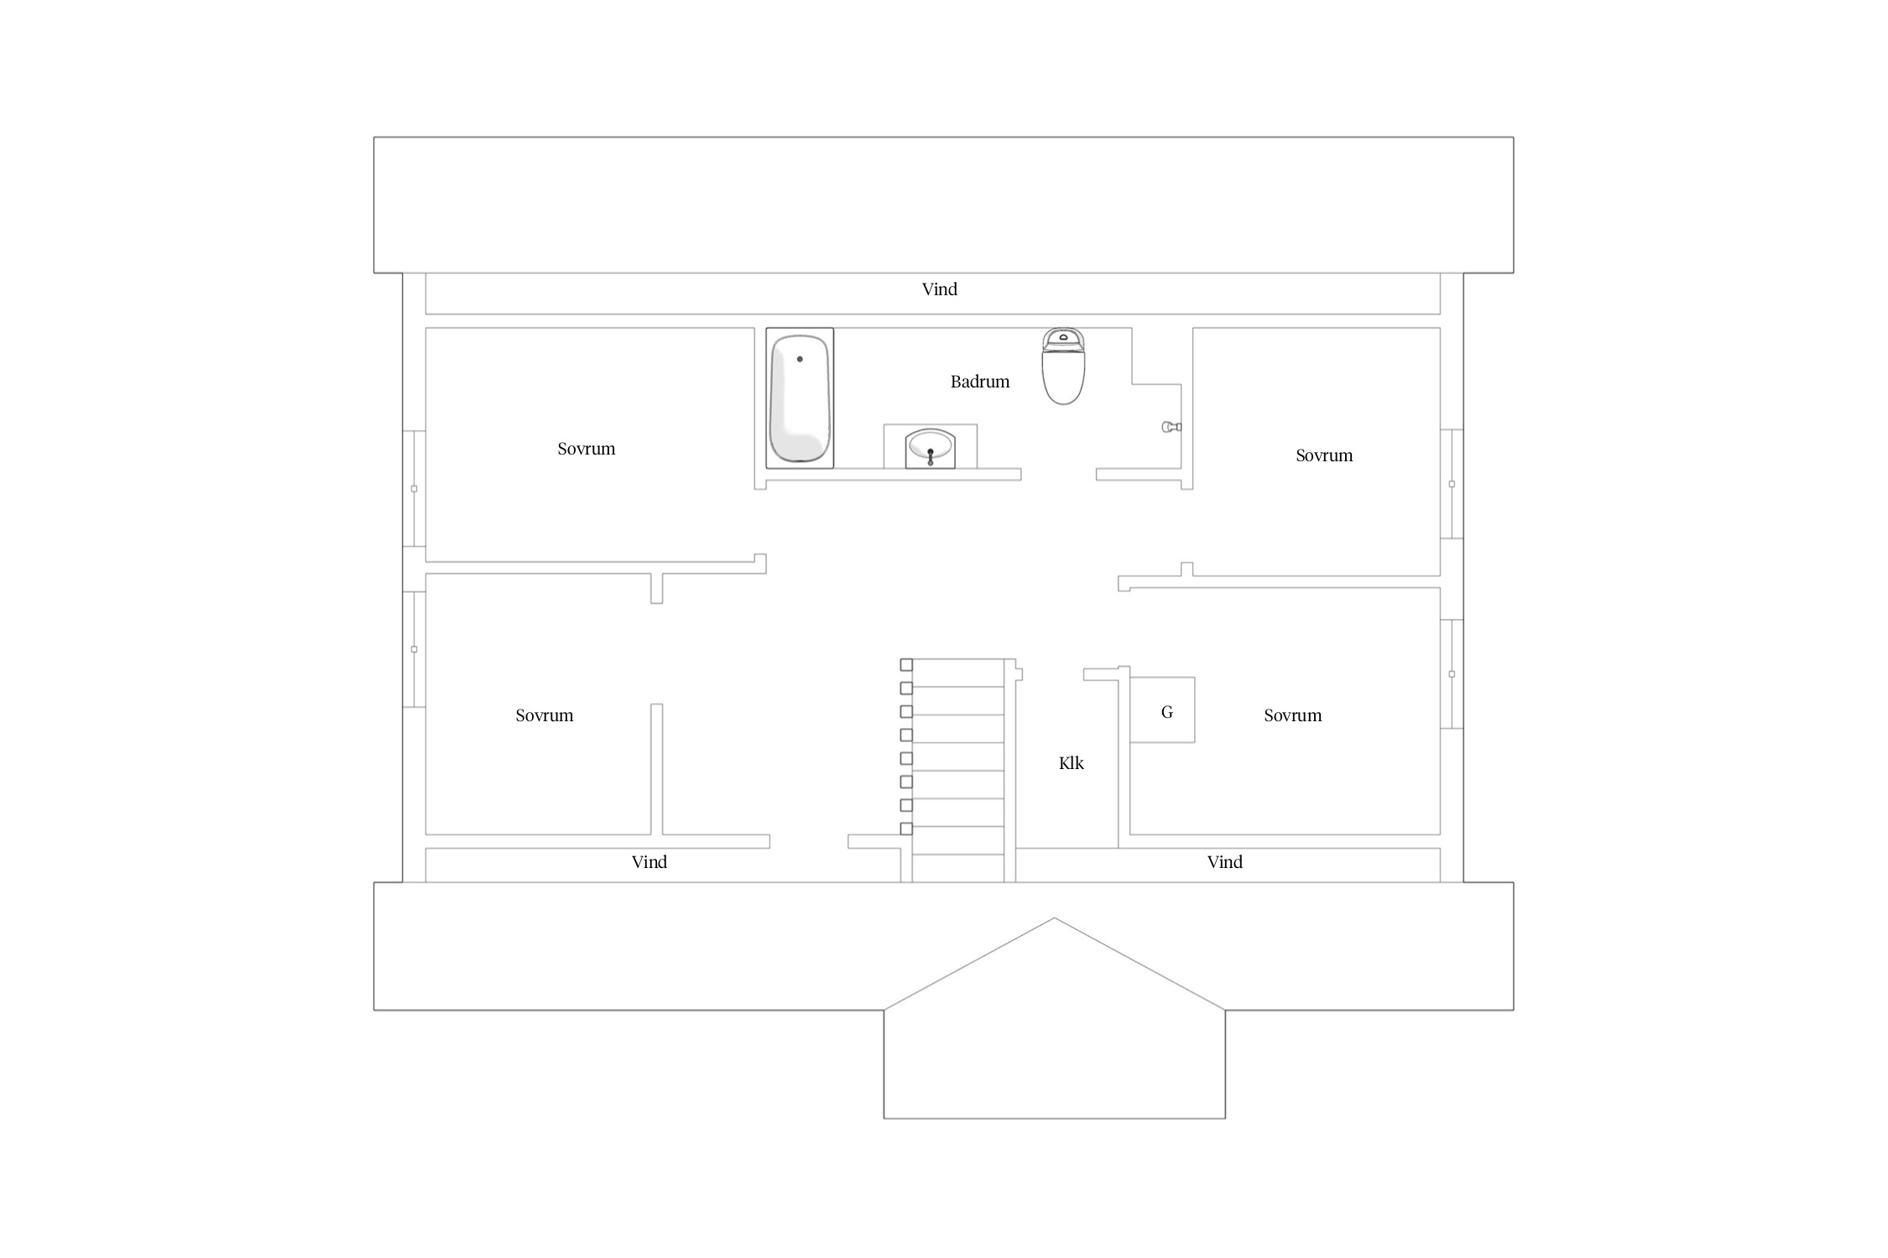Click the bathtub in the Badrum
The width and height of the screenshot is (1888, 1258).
pos(800,398)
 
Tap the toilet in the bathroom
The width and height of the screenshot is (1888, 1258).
pos(1063,366)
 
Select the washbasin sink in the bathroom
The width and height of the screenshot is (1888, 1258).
pos(930,448)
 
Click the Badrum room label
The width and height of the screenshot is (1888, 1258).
pos(980,382)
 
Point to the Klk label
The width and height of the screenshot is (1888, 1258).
pos(1072,763)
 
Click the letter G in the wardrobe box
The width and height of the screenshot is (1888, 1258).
pos(1167,712)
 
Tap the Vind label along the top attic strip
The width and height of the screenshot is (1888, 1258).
pos(940,289)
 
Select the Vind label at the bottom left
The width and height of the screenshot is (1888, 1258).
pos(649,862)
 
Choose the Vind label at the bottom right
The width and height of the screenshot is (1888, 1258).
pos(1225,862)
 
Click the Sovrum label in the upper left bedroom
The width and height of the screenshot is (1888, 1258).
pos(587,449)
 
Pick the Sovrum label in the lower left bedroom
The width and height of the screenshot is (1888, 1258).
pos(545,715)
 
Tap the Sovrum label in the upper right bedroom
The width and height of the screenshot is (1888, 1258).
pos(1324,455)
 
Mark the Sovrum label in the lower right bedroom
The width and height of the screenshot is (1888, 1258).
pos(1293,715)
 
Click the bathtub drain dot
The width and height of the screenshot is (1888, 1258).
pos(800,359)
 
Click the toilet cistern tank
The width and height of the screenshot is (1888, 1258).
pos(1063,339)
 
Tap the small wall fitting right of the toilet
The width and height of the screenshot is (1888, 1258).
pos(1171,427)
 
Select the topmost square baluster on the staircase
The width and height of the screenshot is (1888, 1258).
pos(906,665)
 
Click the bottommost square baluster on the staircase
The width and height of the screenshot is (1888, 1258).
pos(906,829)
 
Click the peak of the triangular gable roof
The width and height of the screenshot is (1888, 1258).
pos(1055,918)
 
